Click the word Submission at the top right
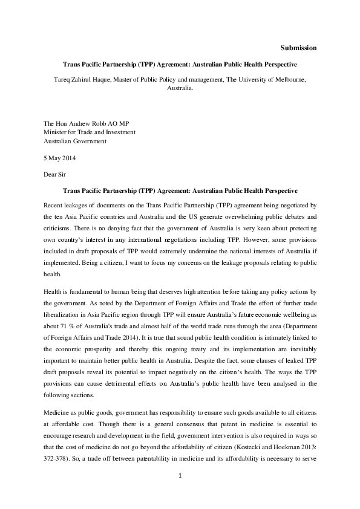click(x=299, y=48)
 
